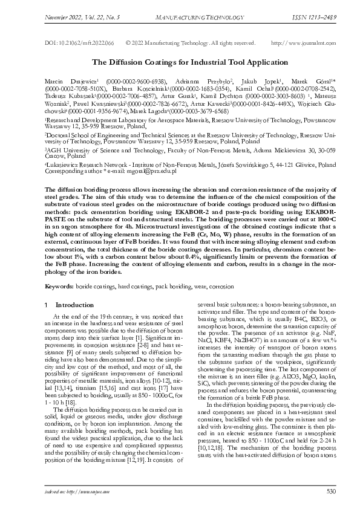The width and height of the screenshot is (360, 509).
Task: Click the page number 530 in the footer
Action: [x=330, y=491]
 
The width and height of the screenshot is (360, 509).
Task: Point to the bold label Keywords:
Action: [x=59, y=284]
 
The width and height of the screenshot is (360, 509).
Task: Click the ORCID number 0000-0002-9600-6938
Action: [x=136, y=80]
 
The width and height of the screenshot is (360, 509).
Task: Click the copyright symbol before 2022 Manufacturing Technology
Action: [x=128, y=44]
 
